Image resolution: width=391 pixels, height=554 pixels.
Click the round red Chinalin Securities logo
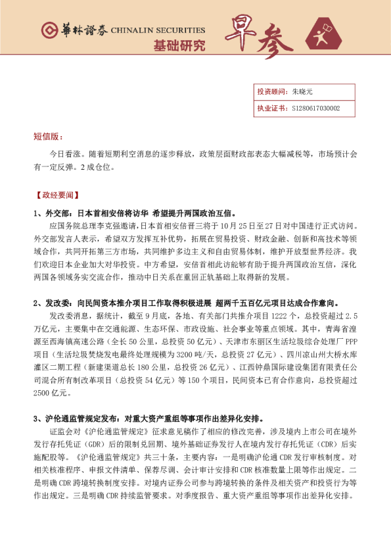click(49, 30)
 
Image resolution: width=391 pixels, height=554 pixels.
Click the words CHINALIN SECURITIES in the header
click(158, 30)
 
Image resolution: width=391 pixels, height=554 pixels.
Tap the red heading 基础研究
click(179, 46)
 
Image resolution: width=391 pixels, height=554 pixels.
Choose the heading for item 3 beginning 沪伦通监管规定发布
click(149, 418)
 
